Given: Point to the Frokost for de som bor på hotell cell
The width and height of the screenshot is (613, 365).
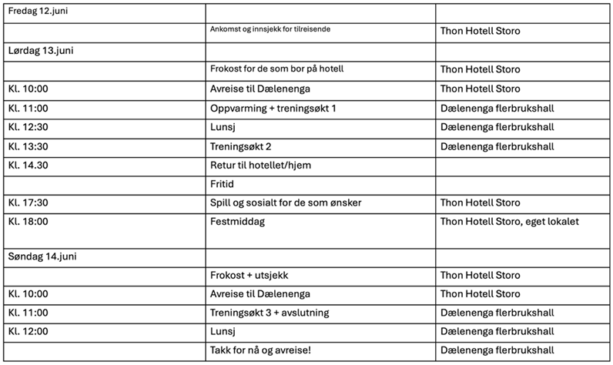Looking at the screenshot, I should click(276, 69).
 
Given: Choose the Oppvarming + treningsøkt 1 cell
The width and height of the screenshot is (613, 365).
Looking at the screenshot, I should click(273, 109).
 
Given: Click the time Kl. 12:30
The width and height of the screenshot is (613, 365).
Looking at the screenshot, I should click(28, 128).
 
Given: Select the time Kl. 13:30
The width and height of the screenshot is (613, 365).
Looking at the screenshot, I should click(28, 146).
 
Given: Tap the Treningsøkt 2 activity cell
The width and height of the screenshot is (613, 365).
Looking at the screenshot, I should click(241, 146).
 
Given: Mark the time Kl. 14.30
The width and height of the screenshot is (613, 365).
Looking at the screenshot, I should click(28, 165).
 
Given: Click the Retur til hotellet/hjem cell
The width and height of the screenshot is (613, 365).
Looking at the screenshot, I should click(261, 165).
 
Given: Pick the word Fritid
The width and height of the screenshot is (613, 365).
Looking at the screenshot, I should click(223, 185).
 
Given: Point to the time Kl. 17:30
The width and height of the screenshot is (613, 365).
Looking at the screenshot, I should click(28, 203).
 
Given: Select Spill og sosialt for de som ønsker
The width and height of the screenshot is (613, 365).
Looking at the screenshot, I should click(286, 203).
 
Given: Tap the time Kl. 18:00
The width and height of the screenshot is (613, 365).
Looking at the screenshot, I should click(28, 222).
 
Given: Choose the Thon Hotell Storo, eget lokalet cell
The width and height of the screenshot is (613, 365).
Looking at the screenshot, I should click(509, 222).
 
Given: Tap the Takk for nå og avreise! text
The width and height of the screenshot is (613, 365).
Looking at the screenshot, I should click(261, 350).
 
